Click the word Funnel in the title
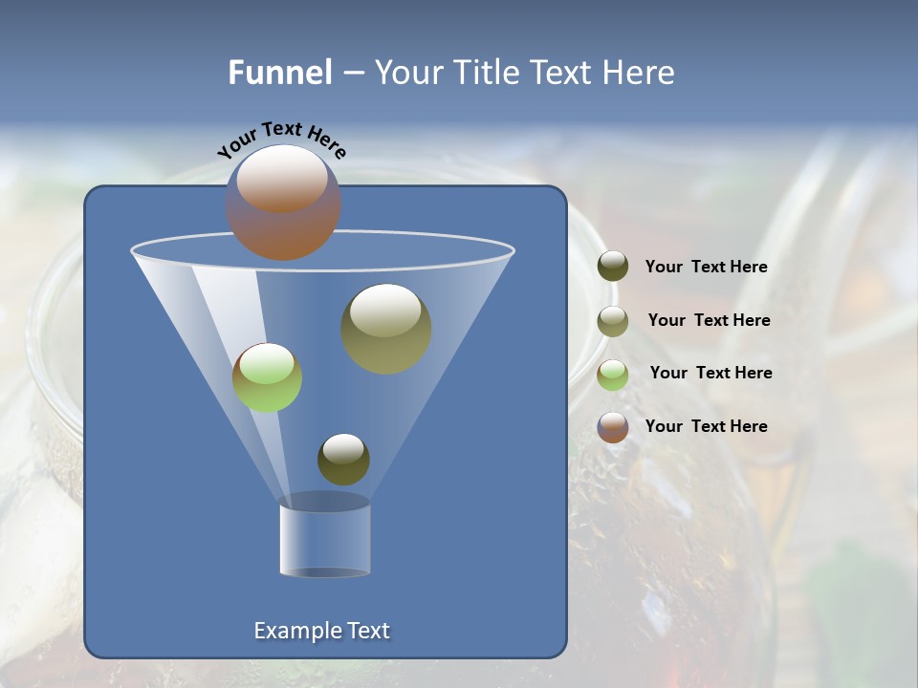point(279,73)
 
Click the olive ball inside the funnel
point(386,330)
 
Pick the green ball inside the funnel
point(267,377)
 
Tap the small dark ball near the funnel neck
point(343,460)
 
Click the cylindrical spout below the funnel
point(324,541)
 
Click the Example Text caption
point(321,631)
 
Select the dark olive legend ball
point(613,267)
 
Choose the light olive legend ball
point(613,321)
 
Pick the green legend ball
point(613,375)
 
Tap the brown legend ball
point(613,427)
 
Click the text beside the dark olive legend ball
point(706,268)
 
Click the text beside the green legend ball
point(710,374)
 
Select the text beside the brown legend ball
point(706,426)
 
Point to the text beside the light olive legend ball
point(709,321)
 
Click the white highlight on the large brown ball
point(281,178)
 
